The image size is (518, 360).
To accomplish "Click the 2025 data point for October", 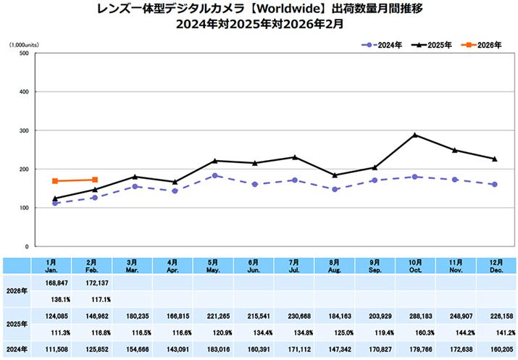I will coord(414,135).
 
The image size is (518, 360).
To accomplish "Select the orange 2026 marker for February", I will coord(95,180).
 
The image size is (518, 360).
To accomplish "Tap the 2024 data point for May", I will coord(214,175).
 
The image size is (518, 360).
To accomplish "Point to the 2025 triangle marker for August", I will coord(335,175).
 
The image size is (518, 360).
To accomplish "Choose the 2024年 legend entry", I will coord(382,45).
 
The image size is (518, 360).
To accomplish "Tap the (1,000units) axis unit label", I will coord(25,45).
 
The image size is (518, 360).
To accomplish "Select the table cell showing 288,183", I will coord(414,315).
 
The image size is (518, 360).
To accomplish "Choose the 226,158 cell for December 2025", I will coord(495,315).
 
